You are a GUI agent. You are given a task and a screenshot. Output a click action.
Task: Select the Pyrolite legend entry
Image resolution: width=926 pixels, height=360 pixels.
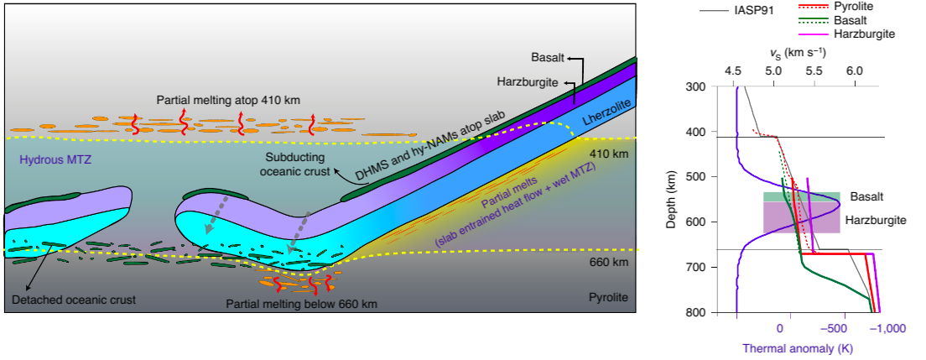click(x=855, y=6)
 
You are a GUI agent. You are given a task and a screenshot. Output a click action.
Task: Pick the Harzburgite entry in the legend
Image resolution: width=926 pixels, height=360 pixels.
click(x=865, y=34)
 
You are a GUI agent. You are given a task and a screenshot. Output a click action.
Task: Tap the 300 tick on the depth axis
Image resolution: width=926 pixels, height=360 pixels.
click(x=694, y=86)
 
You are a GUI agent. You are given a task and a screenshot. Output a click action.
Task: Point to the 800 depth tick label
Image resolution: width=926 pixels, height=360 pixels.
click(x=694, y=312)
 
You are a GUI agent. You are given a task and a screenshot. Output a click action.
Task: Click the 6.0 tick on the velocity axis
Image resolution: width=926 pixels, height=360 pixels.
click(x=854, y=73)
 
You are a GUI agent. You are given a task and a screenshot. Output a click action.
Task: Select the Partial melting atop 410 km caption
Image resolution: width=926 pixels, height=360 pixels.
click(x=228, y=100)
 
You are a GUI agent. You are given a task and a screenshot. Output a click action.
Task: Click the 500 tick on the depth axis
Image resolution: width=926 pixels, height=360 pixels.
click(x=694, y=177)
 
